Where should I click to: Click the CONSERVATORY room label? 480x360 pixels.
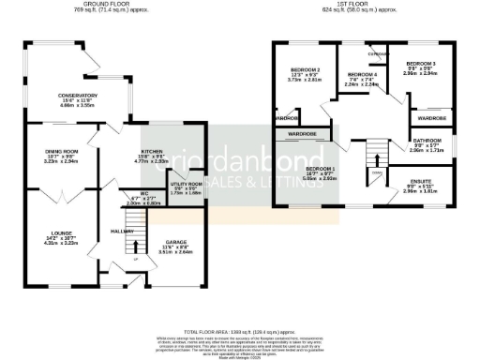click(77, 96)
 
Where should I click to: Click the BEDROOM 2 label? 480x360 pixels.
click(306, 70)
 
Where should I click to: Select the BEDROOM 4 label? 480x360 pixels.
click(362, 75)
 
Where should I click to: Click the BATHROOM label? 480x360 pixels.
click(425, 141)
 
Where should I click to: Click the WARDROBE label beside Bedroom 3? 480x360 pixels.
click(431, 119)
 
